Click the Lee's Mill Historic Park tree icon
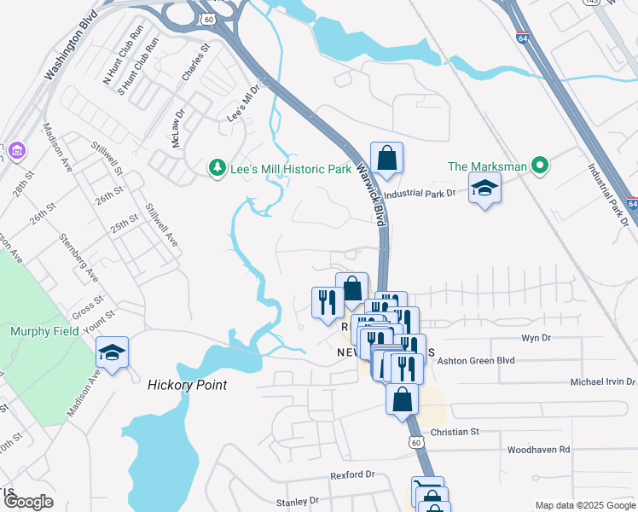217,168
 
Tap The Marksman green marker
539,166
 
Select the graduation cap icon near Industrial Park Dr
484,189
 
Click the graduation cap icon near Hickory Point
112,353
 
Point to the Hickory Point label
187,385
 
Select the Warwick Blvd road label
374,193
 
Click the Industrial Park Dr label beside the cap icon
420,195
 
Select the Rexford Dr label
353,474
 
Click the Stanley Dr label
297,501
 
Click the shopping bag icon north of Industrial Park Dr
386,158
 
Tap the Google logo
28,502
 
